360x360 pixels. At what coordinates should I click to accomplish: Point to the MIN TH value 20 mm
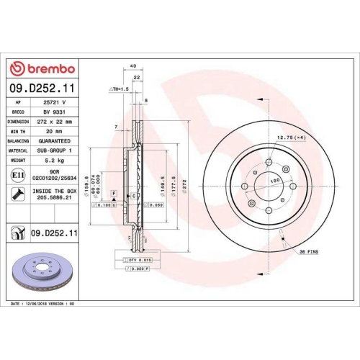(x=53, y=132)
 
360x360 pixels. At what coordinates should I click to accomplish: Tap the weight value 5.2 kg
(x=52, y=161)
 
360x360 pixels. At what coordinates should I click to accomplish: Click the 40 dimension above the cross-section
(x=132, y=66)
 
